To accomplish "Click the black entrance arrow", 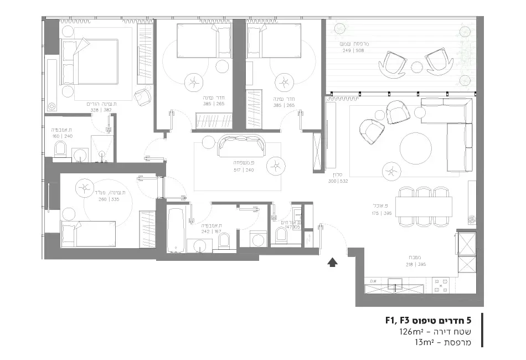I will click(x=332, y=263).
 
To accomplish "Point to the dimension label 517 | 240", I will click(x=244, y=170).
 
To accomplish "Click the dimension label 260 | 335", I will click(x=109, y=199).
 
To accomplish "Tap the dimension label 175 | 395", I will click(x=382, y=213).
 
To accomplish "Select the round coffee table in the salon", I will click(x=416, y=148).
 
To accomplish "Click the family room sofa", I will click(x=242, y=146).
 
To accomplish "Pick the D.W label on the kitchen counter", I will click(x=373, y=280).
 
